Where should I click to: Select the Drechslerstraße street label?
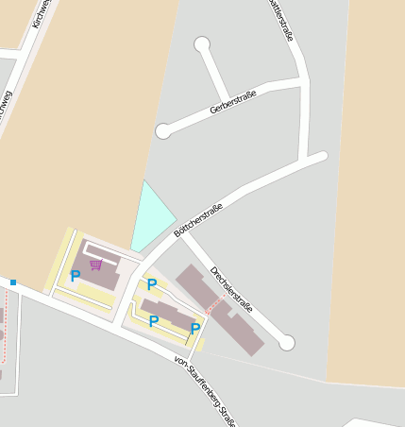pos(232,288)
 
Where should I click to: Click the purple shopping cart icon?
pos(95,265)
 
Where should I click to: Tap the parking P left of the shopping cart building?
pos(75,276)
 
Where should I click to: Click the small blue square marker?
pos(13,282)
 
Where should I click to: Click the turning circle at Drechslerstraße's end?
pos(287,342)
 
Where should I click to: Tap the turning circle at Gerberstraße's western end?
pos(163,131)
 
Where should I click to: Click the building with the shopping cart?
pos(102,267)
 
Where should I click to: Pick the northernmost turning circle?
pos(201,44)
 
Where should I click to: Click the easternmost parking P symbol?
pos(194,329)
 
